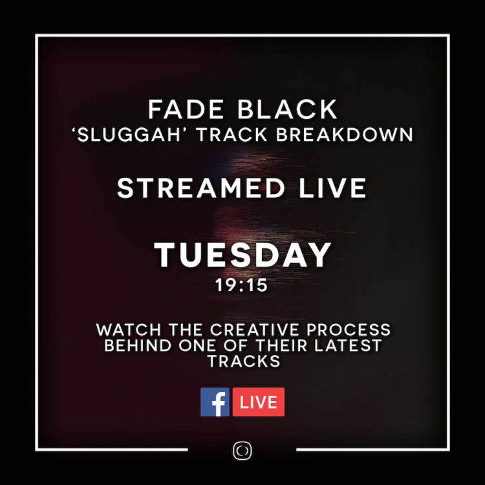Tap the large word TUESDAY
point(242,255)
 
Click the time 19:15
point(242,285)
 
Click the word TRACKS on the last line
point(243,361)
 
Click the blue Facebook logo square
point(215,402)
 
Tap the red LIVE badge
point(258,402)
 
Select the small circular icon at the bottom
point(242,451)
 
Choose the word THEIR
point(290,345)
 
